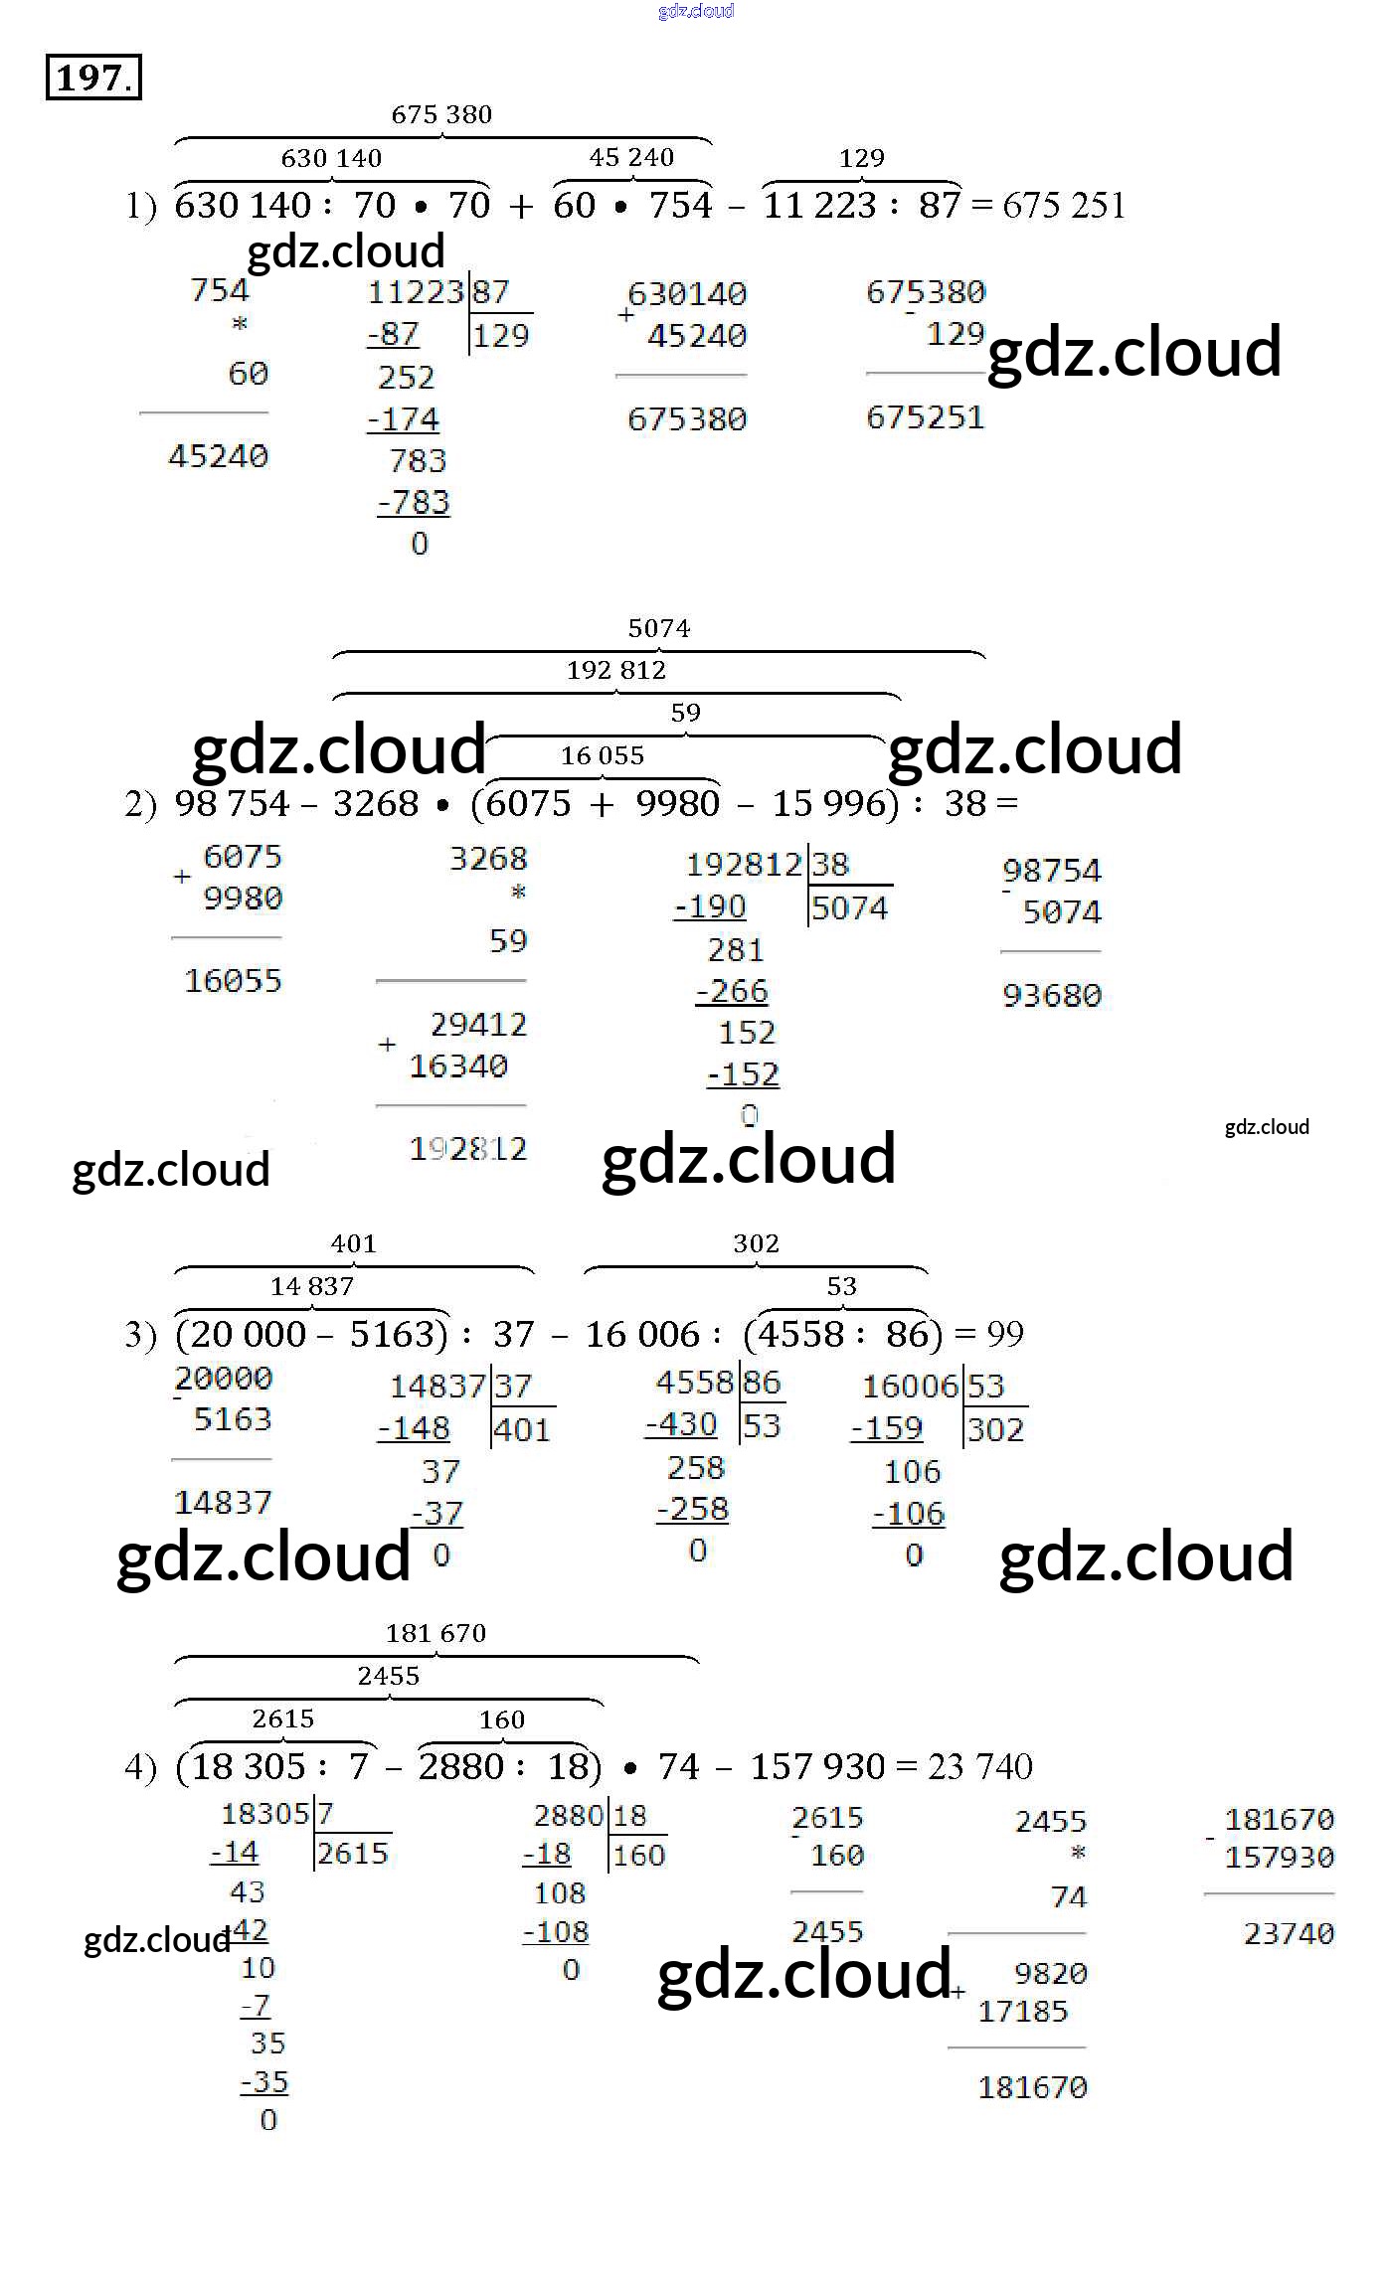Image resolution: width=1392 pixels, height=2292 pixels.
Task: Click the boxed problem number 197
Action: (x=92, y=78)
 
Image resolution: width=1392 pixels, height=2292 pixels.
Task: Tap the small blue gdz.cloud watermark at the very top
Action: (x=695, y=11)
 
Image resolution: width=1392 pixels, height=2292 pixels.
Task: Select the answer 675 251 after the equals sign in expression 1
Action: (x=1063, y=206)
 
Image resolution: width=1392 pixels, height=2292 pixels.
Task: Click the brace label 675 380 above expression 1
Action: (x=441, y=114)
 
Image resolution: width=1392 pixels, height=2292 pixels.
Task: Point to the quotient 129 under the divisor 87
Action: (x=500, y=336)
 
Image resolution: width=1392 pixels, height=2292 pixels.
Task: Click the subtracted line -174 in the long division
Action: (x=404, y=419)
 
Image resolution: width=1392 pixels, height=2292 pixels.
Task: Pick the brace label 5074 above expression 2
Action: (x=658, y=628)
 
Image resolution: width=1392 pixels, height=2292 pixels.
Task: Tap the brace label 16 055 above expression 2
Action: (x=602, y=755)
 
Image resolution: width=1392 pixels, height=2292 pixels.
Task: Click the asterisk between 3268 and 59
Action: (x=518, y=892)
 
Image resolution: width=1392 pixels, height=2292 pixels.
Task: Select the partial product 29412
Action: (x=478, y=1024)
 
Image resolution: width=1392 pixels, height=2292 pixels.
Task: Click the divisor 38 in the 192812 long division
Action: (x=830, y=864)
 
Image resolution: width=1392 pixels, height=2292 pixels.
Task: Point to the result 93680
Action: (x=1052, y=995)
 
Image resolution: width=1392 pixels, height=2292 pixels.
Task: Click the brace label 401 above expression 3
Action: (x=353, y=1243)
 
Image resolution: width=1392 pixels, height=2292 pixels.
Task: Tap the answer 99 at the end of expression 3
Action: (x=1005, y=1334)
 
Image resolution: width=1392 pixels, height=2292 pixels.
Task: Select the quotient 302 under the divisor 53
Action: (x=995, y=1429)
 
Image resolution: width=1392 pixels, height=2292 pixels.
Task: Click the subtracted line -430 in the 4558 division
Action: (x=681, y=1424)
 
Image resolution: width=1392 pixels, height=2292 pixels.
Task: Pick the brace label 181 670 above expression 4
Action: (x=435, y=1633)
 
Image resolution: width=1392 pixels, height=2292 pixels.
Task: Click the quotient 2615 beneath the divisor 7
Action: (x=352, y=1853)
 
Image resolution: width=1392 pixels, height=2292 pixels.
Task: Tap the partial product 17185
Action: (x=1022, y=2011)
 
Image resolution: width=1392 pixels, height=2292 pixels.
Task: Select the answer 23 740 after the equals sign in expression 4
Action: (x=980, y=1766)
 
